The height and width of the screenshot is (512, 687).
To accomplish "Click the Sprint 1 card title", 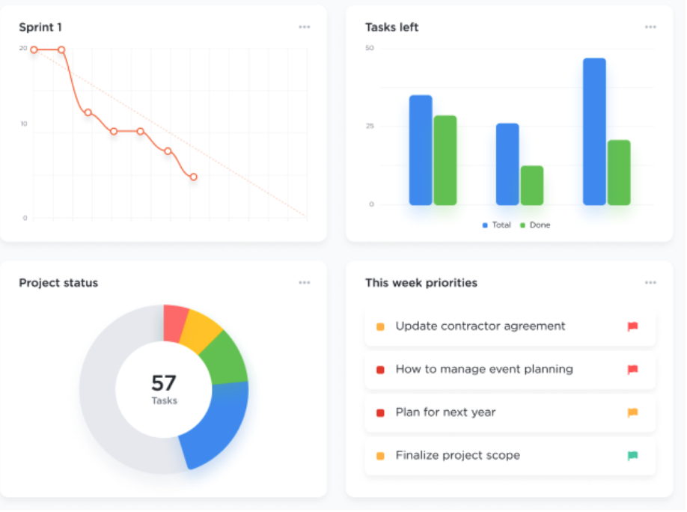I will click(40, 28).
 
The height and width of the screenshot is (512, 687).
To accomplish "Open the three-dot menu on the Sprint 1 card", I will click(304, 27).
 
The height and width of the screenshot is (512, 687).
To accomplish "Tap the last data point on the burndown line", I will click(193, 177).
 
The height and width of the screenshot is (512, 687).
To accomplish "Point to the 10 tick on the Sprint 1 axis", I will click(24, 124).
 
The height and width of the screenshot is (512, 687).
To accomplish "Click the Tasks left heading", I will click(391, 28).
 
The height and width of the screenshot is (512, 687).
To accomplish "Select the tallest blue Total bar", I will click(594, 132).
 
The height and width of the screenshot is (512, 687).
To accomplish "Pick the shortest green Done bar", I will click(531, 186).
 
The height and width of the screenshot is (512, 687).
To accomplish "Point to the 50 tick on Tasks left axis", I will click(369, 49).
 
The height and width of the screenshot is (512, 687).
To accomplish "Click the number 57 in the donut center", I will click(164, 383).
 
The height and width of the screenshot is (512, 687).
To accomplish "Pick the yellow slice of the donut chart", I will click(200, 329).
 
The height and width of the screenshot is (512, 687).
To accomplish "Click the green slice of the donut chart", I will click(228, 358).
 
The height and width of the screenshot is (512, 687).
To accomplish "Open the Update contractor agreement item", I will click(480, 326).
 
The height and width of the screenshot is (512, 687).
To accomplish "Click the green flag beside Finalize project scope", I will click(632, 456).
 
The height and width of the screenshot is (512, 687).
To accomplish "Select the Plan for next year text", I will click(445, 412).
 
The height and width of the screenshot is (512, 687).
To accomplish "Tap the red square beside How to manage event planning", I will click(380, 370).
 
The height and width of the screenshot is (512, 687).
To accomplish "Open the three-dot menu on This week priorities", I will click(650, 283).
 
